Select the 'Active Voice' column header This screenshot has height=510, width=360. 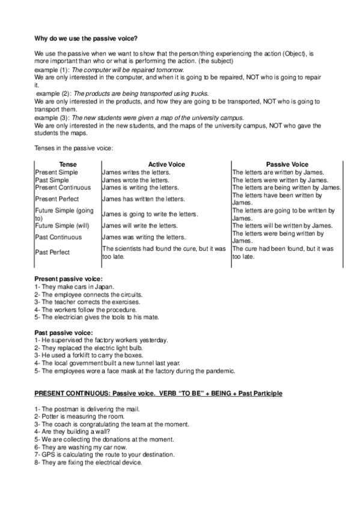tap(166, 164)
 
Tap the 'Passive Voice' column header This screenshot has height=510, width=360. tap(287, 164)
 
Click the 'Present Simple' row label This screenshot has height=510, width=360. tap(56, 172)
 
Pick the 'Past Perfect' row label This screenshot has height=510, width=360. tap(52, 253)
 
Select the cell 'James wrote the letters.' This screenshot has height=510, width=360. tap(136, 180)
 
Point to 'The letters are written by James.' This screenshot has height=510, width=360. tap(278, 172)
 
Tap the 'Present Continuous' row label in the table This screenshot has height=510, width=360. tap(63, 187)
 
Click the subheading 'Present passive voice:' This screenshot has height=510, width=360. tap(68, 279)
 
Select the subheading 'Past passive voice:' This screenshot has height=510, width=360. tap(63, 333)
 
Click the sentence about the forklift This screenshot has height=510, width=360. tap(88, 355)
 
